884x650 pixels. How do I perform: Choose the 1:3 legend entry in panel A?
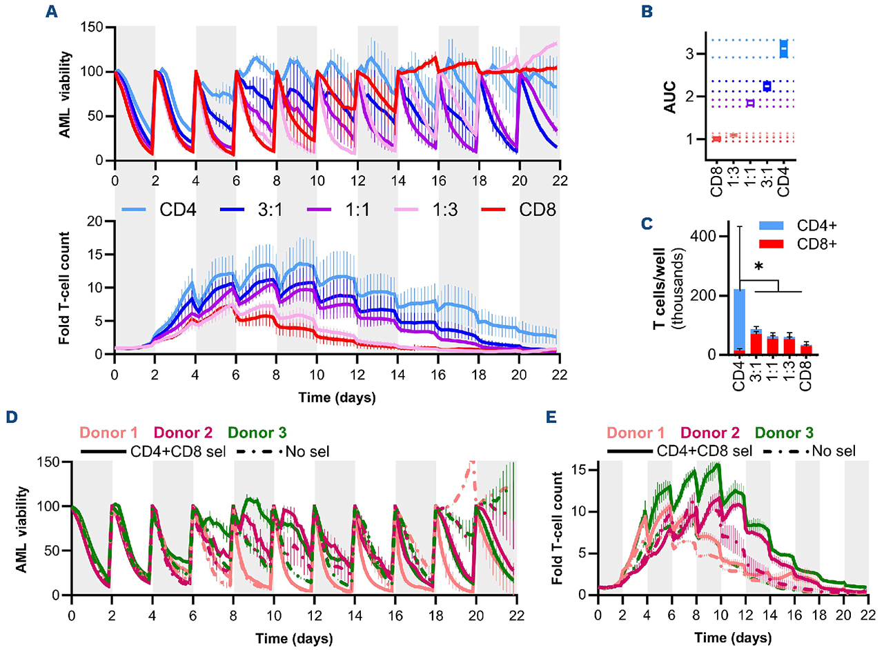[x=457, y=209]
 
